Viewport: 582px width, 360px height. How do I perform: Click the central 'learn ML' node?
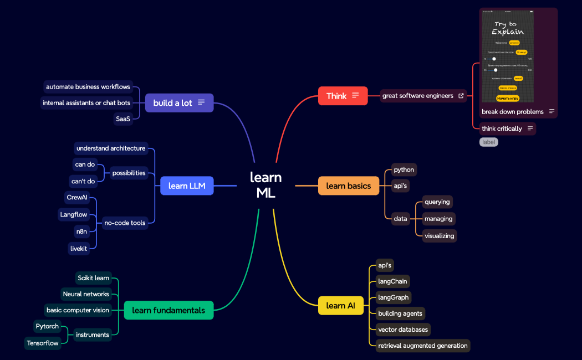tap(266, 185)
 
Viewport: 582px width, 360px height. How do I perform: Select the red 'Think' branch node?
tap(342, 96)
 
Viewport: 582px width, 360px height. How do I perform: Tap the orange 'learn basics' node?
tap(348, 186)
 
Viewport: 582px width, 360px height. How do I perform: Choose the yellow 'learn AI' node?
tap(340, 306)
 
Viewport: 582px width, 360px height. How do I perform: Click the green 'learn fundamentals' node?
tap(169, 310)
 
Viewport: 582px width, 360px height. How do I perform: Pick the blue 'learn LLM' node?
tap(186, 186)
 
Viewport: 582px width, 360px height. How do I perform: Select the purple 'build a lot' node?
tap(178, 103)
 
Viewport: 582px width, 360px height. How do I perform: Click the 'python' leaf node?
tap(404, 169)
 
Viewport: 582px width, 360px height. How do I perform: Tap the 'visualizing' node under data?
tap(439, 236)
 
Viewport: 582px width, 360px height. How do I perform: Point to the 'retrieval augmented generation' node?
tap(422, 346)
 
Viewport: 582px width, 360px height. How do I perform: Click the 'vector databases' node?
tap(403, 330)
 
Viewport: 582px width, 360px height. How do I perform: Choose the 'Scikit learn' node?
tap(93, 278)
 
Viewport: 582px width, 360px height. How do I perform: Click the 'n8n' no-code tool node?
tap(81, 232)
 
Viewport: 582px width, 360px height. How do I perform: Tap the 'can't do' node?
tap(83, 181)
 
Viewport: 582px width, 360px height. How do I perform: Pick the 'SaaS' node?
tap(123, 119)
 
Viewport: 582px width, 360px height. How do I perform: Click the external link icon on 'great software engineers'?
tap(461, 96)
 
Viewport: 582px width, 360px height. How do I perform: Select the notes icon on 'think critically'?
tap(530, 128)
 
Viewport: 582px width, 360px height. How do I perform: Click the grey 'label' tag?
tap(488, 142)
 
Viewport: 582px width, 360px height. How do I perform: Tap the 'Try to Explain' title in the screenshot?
tap(508, 28)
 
